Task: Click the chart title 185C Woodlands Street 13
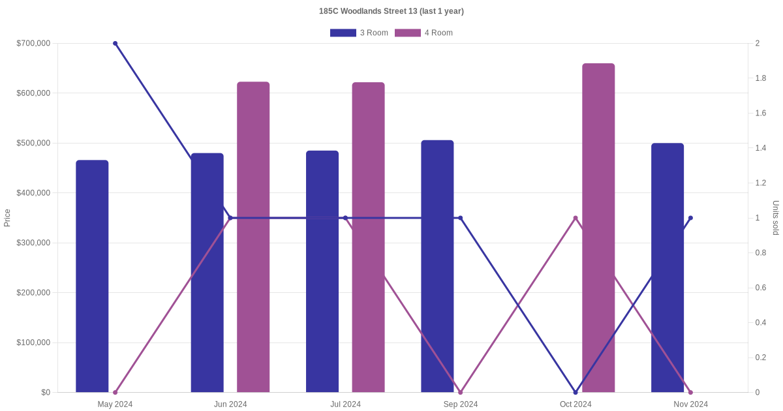pyautogui.click(x=391, y=11)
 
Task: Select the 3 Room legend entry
pyautogui.click(x=359, y=33)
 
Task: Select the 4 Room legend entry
pyautogui.click(x=423, y=33)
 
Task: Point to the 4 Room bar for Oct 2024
pyautogui.click(x=598, y=228)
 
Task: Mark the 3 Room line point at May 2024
pyautogui.click(x=115, y=44)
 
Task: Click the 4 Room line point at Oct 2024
pyautogui.click(x=576, y=218)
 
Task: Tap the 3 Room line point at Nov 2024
pyautogui.click(x=690, y=218)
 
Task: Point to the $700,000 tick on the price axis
pyautogui.click(x=33, y=44)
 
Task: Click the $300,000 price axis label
pyautogui.click(x=33, y=243)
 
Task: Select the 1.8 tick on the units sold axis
pyautogui.click(x=761, y=78)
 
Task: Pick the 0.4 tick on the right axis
pyautogui.click(x=761, y=322)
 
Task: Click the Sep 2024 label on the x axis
pyautogui.click(x=461, y=404)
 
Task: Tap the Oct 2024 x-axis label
pyautogui.click(x=576, y=404)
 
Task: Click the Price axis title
pyautogui.click(x=7, y=218)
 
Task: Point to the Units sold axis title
pyautogui.click(x=776, y=218)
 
